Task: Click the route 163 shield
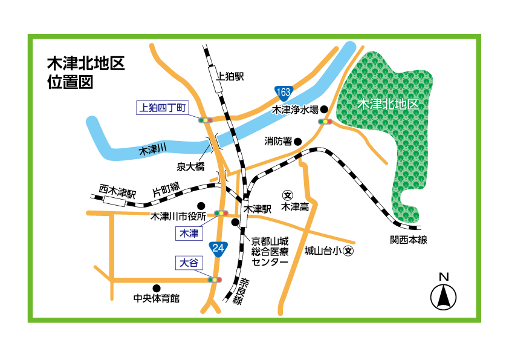(284, 92)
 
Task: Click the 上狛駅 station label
(230, 76)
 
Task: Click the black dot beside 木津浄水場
(324, 110)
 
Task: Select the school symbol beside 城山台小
(348, 250)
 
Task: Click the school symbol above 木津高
(288, 195)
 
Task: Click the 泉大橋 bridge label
(189, 166)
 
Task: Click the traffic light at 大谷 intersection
(215, 280)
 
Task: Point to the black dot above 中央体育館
(157, 288)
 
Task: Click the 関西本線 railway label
(408, 240)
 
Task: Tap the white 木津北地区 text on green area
(388, 104)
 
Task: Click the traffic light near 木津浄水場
(325, 122)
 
